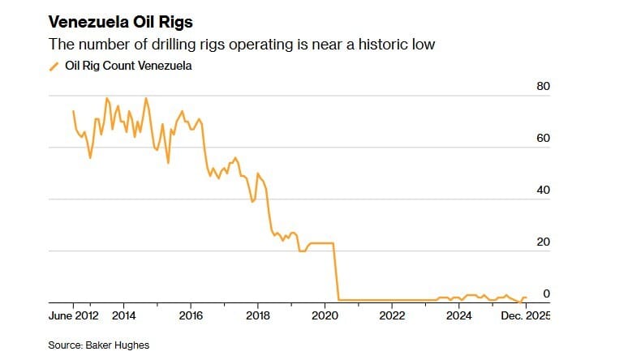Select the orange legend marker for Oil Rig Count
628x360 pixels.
[x=54, y=66]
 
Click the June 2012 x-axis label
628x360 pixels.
[x=74, y=315]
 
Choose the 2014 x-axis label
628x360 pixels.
[x=123, y=315]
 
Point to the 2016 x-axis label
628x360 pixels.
[x=191, y=315]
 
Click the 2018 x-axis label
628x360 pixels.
[x=258, y=315]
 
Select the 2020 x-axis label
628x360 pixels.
[x=325, y=315]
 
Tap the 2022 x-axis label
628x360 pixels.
[x=392, y=315]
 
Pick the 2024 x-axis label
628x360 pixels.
[x=459, y=315]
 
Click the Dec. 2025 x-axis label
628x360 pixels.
[x=524, y=315]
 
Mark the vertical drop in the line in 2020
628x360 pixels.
[x=336, y=272]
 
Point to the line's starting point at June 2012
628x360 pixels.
[x=73, y=111]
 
